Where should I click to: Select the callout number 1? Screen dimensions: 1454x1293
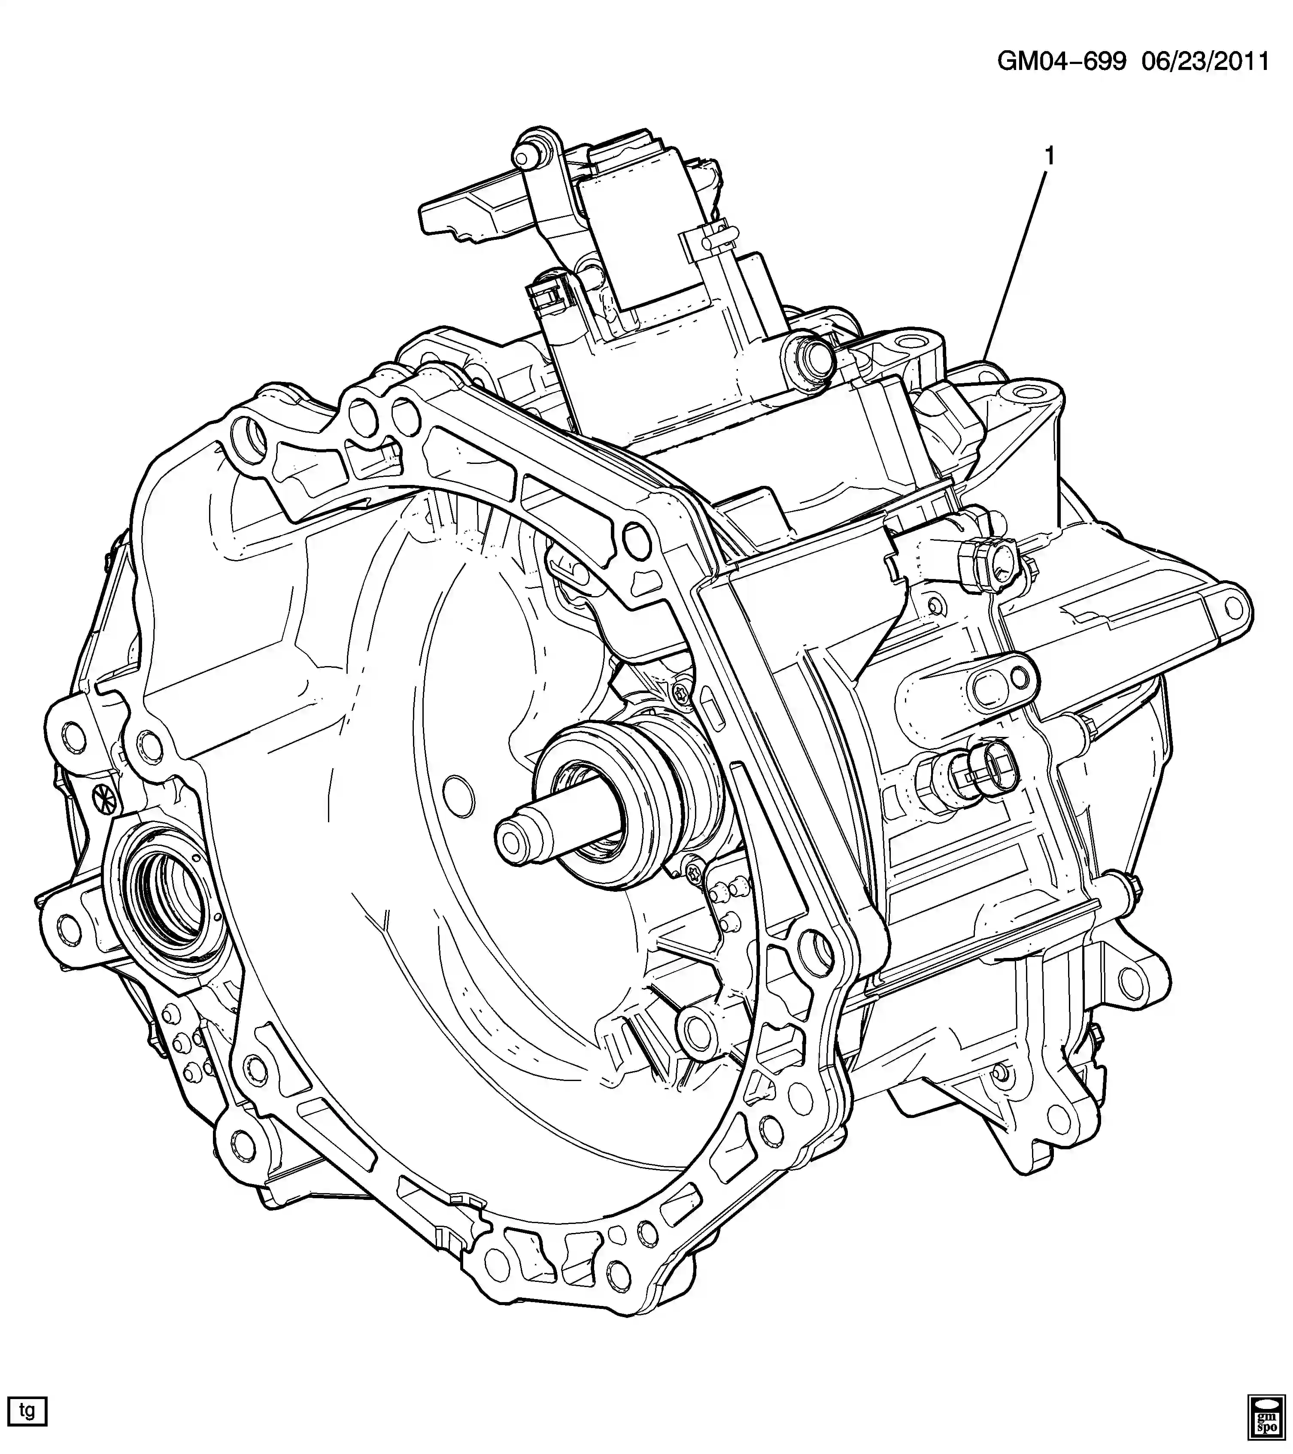point(1048,156)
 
